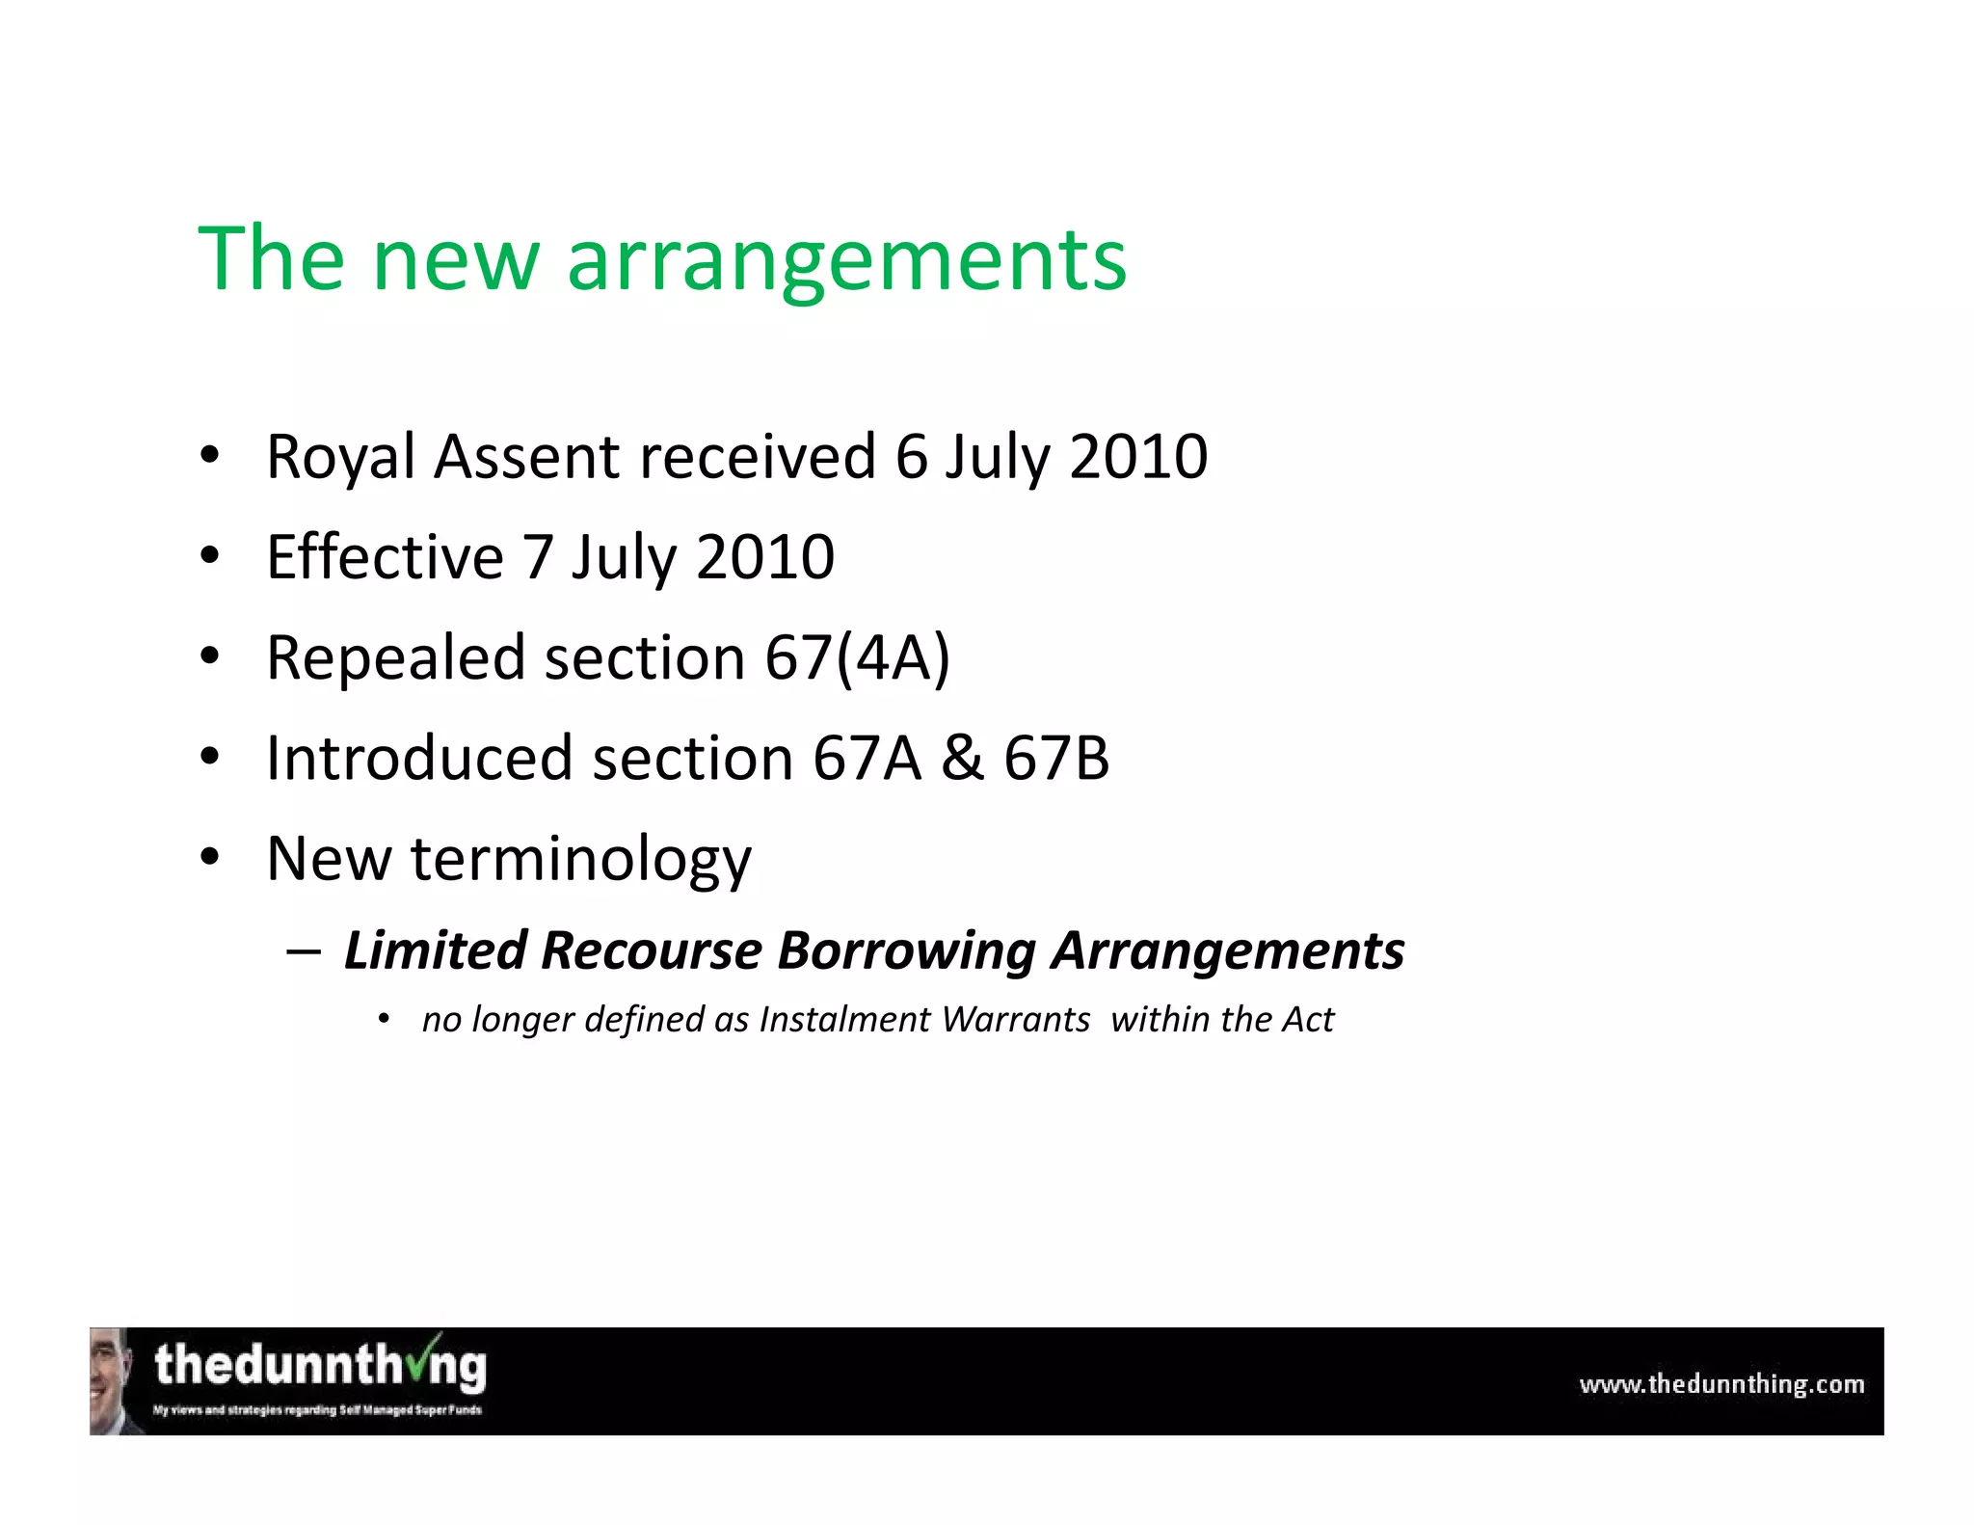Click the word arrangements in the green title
pos(846,260)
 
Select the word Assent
pos(526,457)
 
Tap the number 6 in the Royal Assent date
pos(911,457)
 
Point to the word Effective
pos(385,557)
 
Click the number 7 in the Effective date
pos(537,557)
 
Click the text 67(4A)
pos(857,657)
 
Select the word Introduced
pos(418,759)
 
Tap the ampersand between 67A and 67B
pos(962,759)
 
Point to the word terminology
pos(580,859)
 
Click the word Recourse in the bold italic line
pos(652,950)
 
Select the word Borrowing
pos(906,950)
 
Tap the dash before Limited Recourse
pos(304,950)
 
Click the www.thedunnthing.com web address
pos(1721,1384)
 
